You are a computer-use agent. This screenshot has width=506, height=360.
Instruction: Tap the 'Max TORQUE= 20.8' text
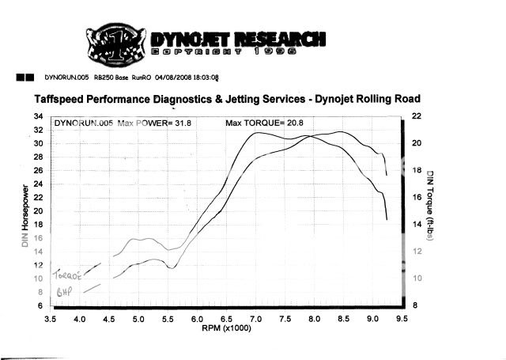tap(266, 123)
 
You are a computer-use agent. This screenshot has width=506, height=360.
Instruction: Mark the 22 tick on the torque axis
tap(417, 116)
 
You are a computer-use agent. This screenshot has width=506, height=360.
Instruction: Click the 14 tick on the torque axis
tap(417, 225)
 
